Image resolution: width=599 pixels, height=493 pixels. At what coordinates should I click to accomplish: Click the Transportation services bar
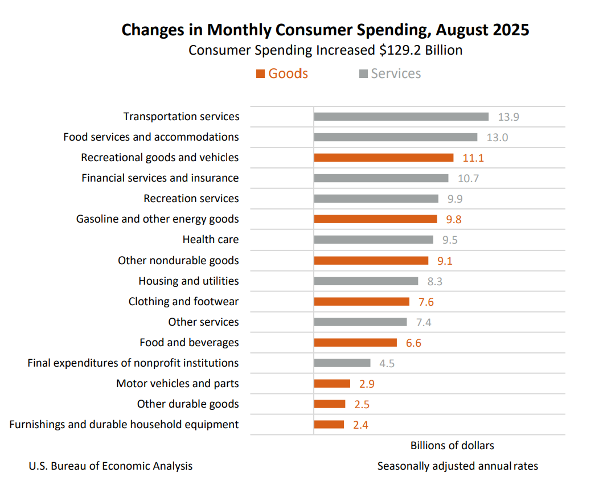[401, 117]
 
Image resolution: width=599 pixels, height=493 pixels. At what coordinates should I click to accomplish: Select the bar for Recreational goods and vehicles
[383, 158]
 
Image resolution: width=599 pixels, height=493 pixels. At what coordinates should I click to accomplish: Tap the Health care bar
[374, 240]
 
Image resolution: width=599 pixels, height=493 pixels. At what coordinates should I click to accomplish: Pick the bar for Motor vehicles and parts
[332, 384]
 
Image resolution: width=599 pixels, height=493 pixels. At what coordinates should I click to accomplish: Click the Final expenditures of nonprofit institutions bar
[342, 363]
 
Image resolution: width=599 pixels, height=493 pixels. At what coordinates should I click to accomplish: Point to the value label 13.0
[497, 137]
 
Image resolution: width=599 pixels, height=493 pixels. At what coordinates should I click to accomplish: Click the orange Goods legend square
[261, 74]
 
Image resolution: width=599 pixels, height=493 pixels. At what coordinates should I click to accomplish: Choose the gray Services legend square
[363, 74]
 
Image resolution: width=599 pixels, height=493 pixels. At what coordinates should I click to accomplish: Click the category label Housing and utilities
[188, 281]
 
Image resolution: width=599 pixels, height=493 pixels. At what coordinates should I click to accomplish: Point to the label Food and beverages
[189, 343]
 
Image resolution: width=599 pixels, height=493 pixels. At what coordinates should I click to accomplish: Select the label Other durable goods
[188, 404]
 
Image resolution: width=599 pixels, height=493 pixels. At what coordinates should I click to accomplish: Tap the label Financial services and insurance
[160, 178]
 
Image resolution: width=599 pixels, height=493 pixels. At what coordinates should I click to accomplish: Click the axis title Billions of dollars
[452, 445]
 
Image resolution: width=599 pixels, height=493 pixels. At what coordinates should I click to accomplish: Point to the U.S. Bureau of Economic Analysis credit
[110, 466]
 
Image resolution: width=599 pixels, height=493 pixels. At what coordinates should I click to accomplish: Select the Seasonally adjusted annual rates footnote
[457, 466]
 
